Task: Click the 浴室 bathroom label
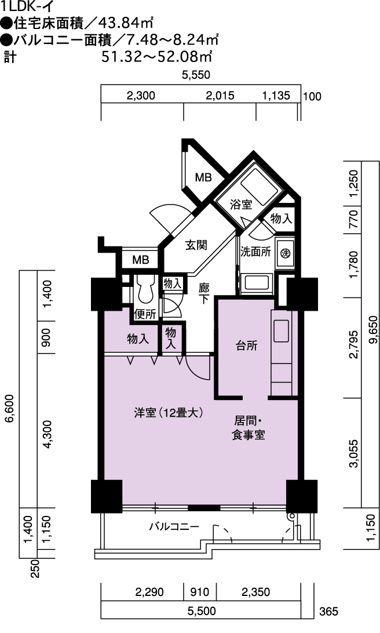click(x=241, y=205)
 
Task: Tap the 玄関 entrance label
click(x=196, y=245)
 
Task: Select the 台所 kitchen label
click(x=246, y=345)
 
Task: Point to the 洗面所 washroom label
click(x=255, y=252)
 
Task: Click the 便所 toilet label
click(x=145, y=314)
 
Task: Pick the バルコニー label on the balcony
click(x=174, y=527)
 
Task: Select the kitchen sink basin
click(x=282, y=330)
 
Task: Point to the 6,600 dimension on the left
click(x=9, y=408)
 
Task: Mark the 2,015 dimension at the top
click(x=220, y=96)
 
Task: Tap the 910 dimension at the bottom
click(x=200, y=592)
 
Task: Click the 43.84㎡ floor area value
click(x=125, y=23)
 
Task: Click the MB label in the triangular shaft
click(x=203, y=177)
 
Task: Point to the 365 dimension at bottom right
click(x=329, y=612)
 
